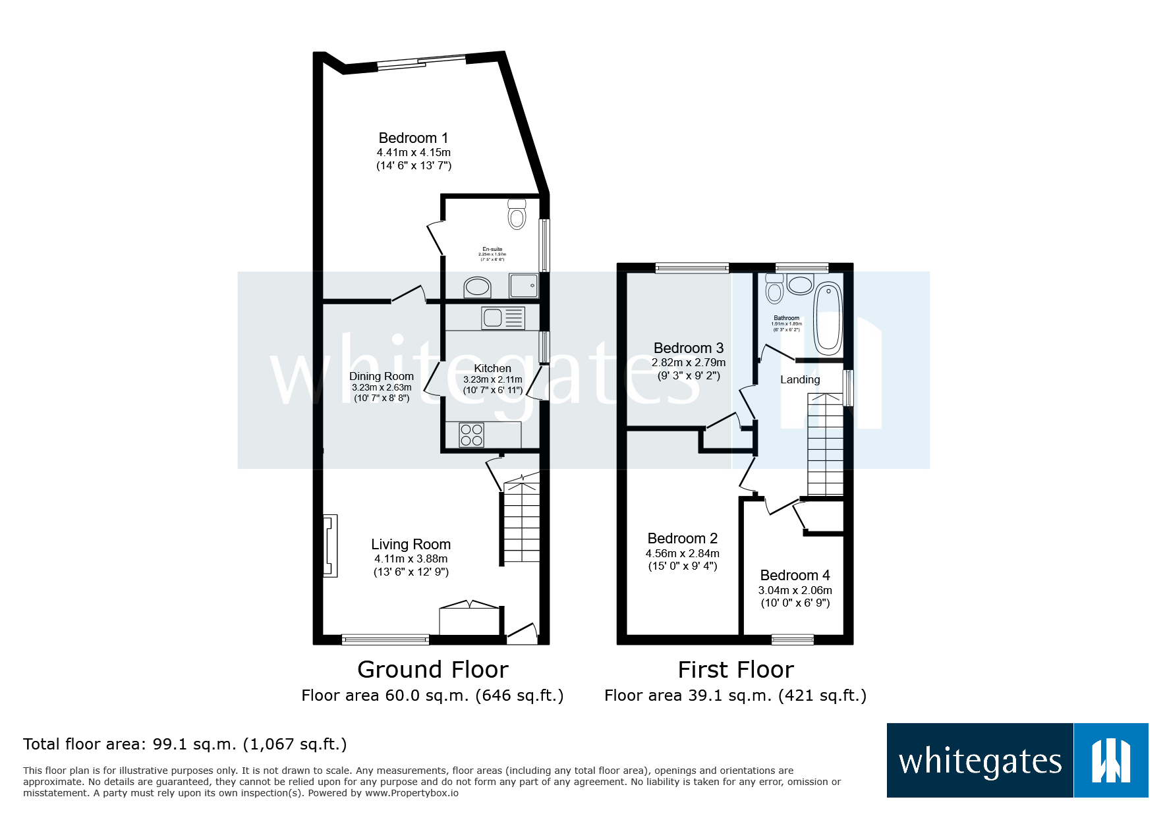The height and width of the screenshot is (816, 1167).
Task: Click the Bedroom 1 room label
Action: point(413,138)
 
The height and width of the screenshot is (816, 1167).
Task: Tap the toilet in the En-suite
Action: point(517,215)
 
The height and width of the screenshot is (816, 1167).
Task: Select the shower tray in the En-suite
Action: point(524,286)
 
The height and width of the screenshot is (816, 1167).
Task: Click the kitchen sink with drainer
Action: point(503,318)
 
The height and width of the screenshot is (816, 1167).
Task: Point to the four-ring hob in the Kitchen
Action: point(472,435)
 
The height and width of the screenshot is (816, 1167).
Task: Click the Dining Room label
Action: point(382,376)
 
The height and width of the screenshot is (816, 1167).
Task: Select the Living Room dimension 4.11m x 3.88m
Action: point(411,558)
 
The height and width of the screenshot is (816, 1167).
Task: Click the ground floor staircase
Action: point(522,524)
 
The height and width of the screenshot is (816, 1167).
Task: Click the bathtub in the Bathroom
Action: point(828,319)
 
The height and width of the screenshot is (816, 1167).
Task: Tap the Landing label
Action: point(800,379)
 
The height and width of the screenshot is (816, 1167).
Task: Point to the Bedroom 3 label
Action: point(689,348)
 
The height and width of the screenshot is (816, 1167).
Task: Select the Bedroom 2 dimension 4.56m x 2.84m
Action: point(682,553)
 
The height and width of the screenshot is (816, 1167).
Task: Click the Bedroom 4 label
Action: point(795,575)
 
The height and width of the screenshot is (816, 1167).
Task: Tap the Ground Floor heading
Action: point(432,669)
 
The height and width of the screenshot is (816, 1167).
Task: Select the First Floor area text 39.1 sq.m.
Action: point(735,695)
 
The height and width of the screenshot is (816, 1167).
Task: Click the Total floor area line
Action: point(185,744)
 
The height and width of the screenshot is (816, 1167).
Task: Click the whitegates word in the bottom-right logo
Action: point(980,761)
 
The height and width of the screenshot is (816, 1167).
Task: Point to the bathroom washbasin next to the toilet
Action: point(800,285)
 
